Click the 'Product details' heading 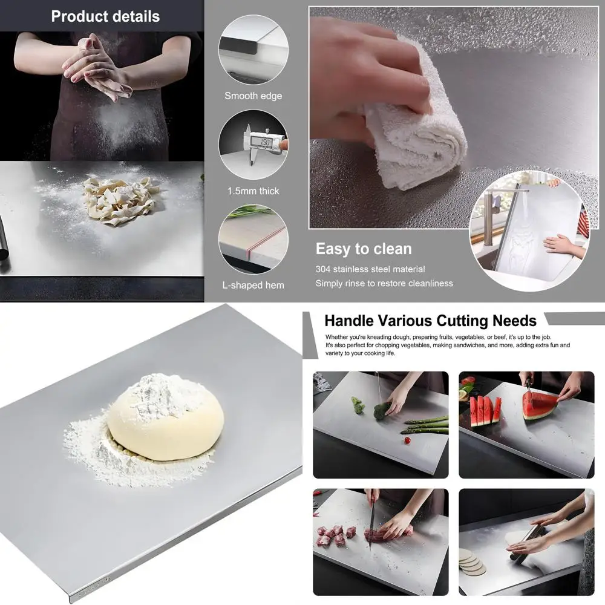pos(105,16)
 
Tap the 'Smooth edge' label pos(253,96)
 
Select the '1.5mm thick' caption pos(253,191)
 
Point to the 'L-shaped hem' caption pos(253,285)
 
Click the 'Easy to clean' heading pos(363,249)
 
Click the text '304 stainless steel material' pos(370,269)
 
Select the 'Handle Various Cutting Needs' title pos(430,321)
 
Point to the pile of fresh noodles pos(121,198)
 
